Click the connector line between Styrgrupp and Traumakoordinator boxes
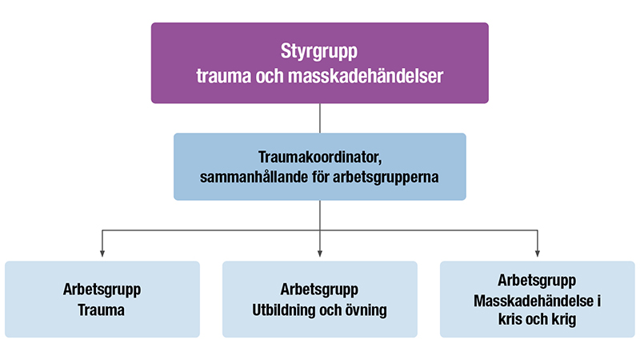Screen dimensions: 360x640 pyautogui.click(x=320, y=118)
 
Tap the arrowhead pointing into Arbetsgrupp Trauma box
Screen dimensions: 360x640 pyautogui.click(x=102, y=254)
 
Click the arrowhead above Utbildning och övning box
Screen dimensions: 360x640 pyautogui.click(x=320, y=254)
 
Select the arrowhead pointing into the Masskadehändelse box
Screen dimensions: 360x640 pyautogui.click(x=537, y=254)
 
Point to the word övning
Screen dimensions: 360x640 pyautogui.click(x=366, y=310)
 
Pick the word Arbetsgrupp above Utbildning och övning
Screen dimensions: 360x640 pyautogui.click(x=320, y=290)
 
